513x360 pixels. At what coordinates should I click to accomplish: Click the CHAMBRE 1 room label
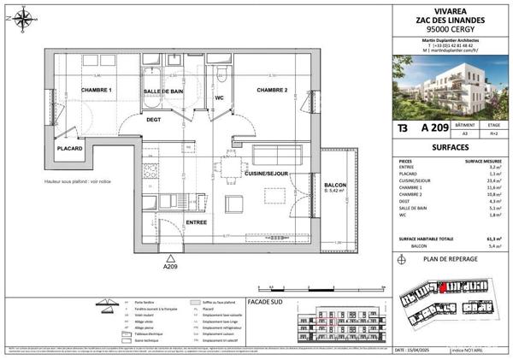pos(97,90)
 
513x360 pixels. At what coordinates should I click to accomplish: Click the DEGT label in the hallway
pos(153,120)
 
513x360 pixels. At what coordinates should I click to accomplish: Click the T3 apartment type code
pos(402,128)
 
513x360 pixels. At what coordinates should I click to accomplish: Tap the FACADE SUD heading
pos(264,302)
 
